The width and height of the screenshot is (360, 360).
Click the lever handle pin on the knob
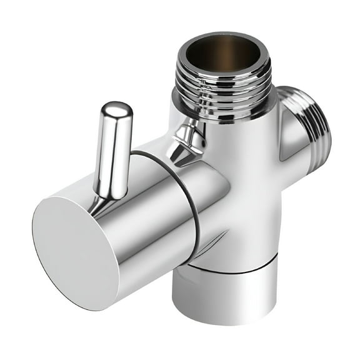(114, 150)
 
